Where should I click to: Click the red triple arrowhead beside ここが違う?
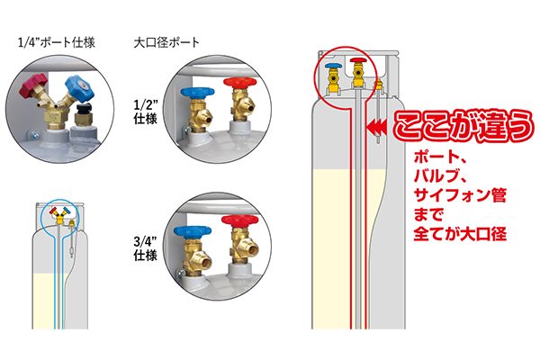(380, 131)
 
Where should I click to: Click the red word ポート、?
(431, 162)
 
